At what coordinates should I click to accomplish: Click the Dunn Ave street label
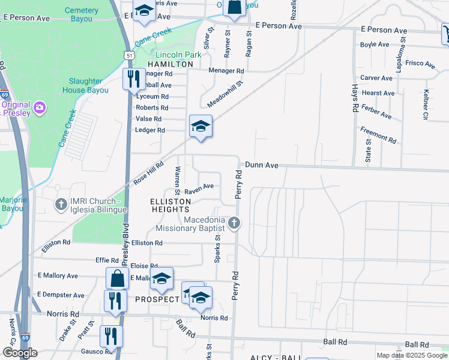[261, 164]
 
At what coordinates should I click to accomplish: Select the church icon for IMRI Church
[61, 205]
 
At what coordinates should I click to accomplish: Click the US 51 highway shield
[128, 55]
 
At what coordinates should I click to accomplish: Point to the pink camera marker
[40, 108]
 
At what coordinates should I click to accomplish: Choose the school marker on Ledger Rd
[200, 126]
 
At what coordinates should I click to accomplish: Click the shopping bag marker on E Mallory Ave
[117, 278]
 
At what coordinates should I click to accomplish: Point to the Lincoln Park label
[169, 55]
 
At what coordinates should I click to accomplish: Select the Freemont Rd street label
[378, 135]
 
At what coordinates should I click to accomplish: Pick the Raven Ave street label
[199, 189]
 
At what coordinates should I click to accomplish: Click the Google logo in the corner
[20, 353]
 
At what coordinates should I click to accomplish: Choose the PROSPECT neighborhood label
[157, 299]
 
